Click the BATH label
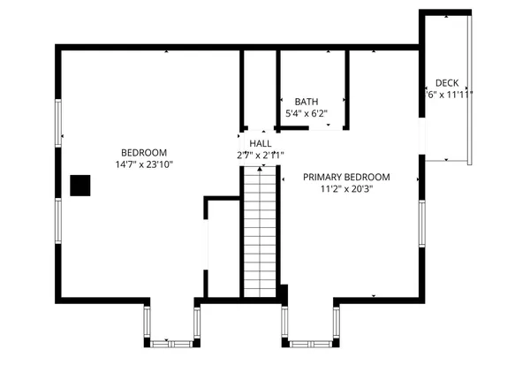pyautogui.click(x=306, y=102)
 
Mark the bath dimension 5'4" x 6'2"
pyautogui.click(x=306, y=114)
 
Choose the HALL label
pyautogui.click(x=260, y=143)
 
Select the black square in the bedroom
pyautogui.click(x=80, y=185)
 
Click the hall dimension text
pyautogui.click(x=260, y=156)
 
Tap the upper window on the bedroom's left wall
pyautogui.click(x=59, y=123)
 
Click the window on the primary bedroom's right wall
pyautogui.click(x=421, y=225)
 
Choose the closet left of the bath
pyautogui.click(x=260, y=88)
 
